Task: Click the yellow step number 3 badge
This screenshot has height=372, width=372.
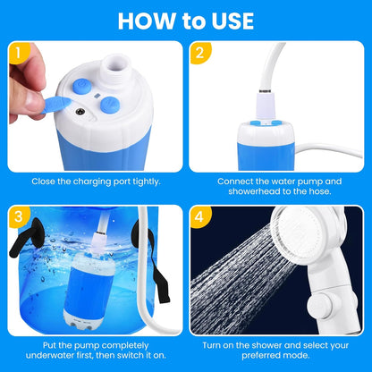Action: point(16,216)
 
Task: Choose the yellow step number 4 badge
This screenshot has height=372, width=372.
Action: point(199,216)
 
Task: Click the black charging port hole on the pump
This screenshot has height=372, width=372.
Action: point(81,113)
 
